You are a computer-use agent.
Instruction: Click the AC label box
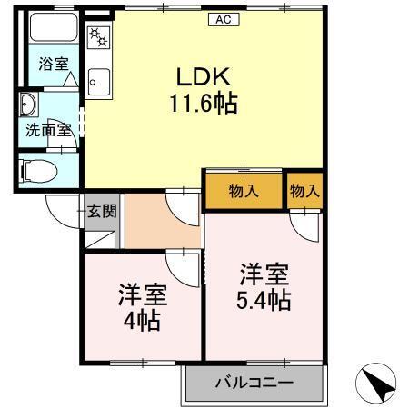point(222,19)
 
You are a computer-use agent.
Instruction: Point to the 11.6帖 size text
point(202,104)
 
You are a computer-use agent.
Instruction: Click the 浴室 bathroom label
point(53,65)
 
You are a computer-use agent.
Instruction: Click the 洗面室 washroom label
point(47,129)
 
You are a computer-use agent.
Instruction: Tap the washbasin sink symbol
point(29,103)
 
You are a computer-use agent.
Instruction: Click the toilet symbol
point(40,169)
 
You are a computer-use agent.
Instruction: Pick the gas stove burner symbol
point(97,39)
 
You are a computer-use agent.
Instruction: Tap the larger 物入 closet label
point(243,191)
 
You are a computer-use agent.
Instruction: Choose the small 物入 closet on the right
point(304,191)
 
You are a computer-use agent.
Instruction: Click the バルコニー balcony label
point(254,382)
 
